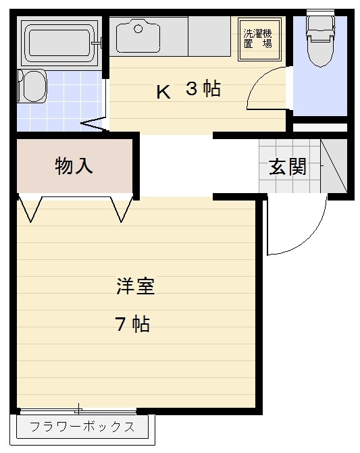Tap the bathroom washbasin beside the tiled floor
[31, 86]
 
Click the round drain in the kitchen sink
[138, 28]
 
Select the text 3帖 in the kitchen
[203, 89]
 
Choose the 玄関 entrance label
[288, 167]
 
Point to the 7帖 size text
[132, 325]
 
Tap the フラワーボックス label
[82, 427]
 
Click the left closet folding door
[31, 209]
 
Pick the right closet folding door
[122, 209]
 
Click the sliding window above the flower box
[78, 410]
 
